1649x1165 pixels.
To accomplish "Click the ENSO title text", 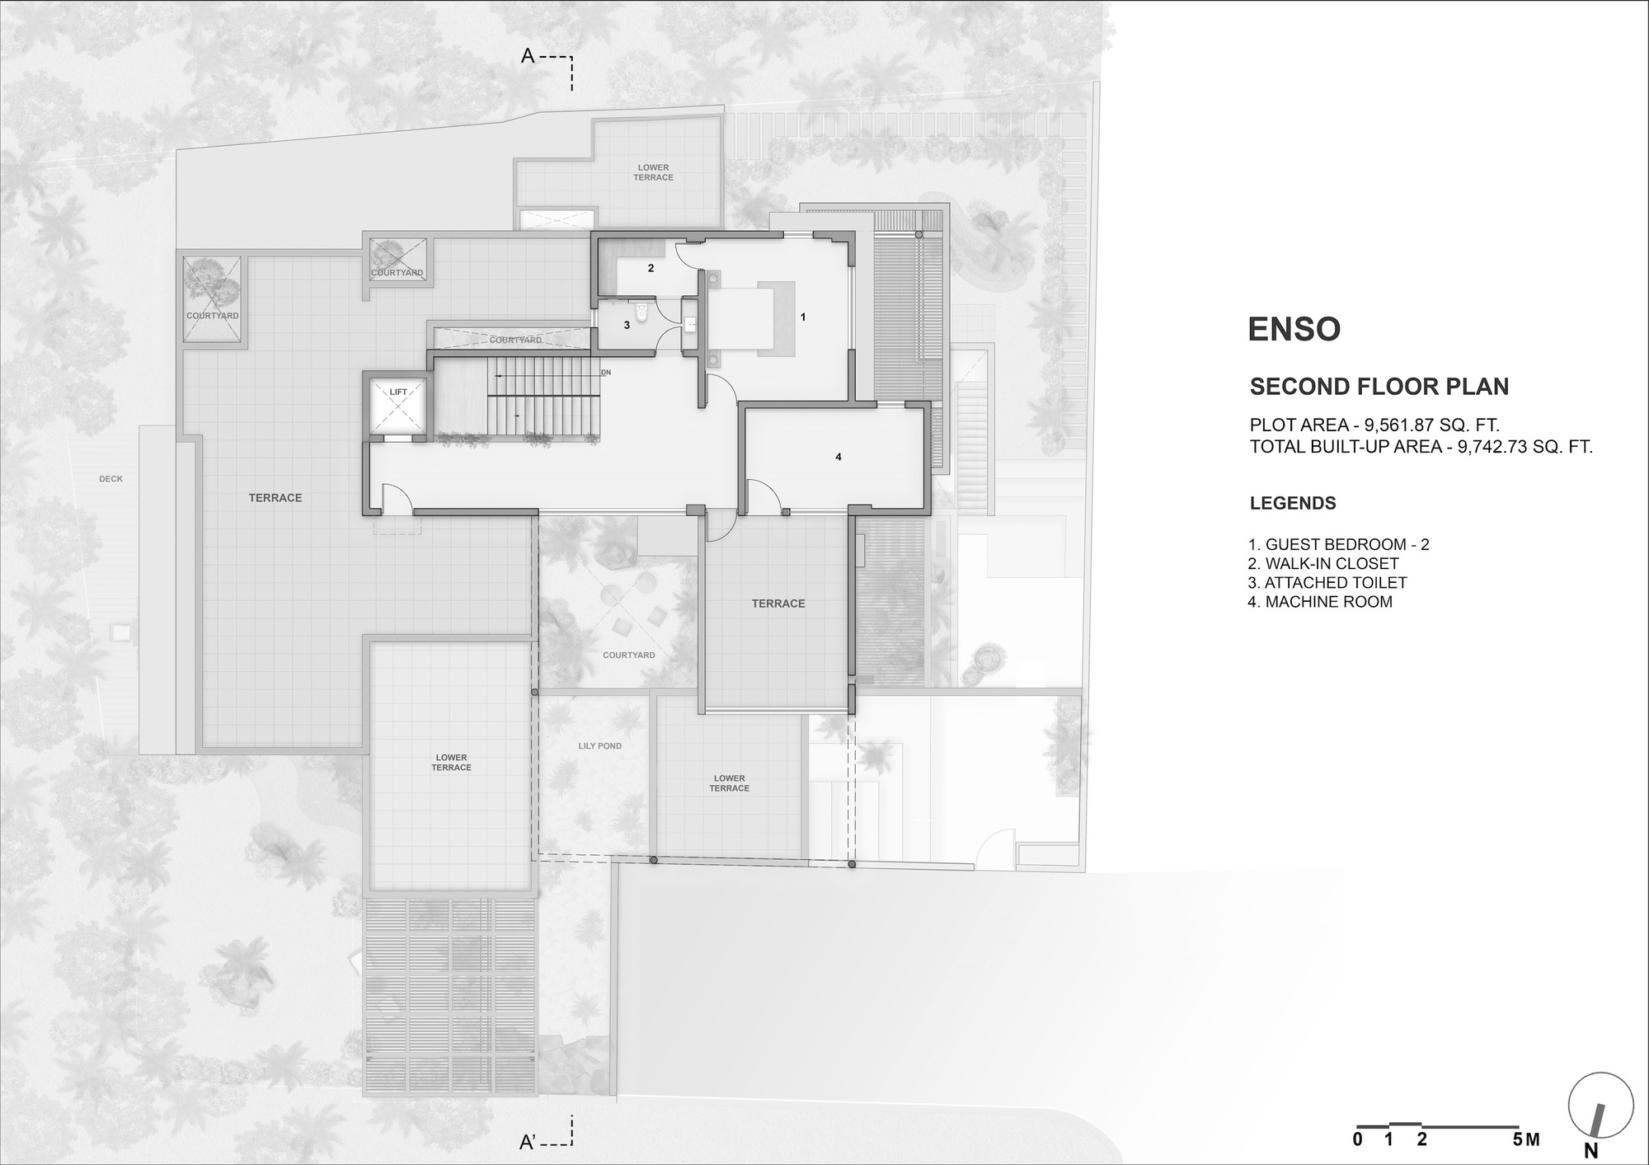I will (1294, 329).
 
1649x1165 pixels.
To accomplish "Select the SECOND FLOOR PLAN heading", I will (1379, 387).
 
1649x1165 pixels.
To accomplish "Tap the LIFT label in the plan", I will (398, 392).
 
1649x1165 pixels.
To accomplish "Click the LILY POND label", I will (599, 746).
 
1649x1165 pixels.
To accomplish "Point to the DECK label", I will (110, 479).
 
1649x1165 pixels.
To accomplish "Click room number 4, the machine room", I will (839, 457).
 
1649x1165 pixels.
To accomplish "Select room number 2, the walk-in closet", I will (651, 269).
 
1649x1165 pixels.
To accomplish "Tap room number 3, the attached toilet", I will (627, 326).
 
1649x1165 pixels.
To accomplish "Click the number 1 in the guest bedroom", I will (802, 317).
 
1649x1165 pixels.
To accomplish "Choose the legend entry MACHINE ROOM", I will (1320, 602).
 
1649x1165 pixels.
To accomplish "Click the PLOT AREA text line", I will (1374, 425).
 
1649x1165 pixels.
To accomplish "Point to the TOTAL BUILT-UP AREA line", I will (1421, 447).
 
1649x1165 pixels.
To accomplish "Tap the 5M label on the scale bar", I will (1526, 1140).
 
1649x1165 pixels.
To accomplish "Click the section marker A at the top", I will (529, 57).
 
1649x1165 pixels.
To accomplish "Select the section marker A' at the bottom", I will (529, 1143).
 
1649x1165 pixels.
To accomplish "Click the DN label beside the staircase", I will (606, 373).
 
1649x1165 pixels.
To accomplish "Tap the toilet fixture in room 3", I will (642, 314).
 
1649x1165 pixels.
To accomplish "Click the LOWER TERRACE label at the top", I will (653, 172).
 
